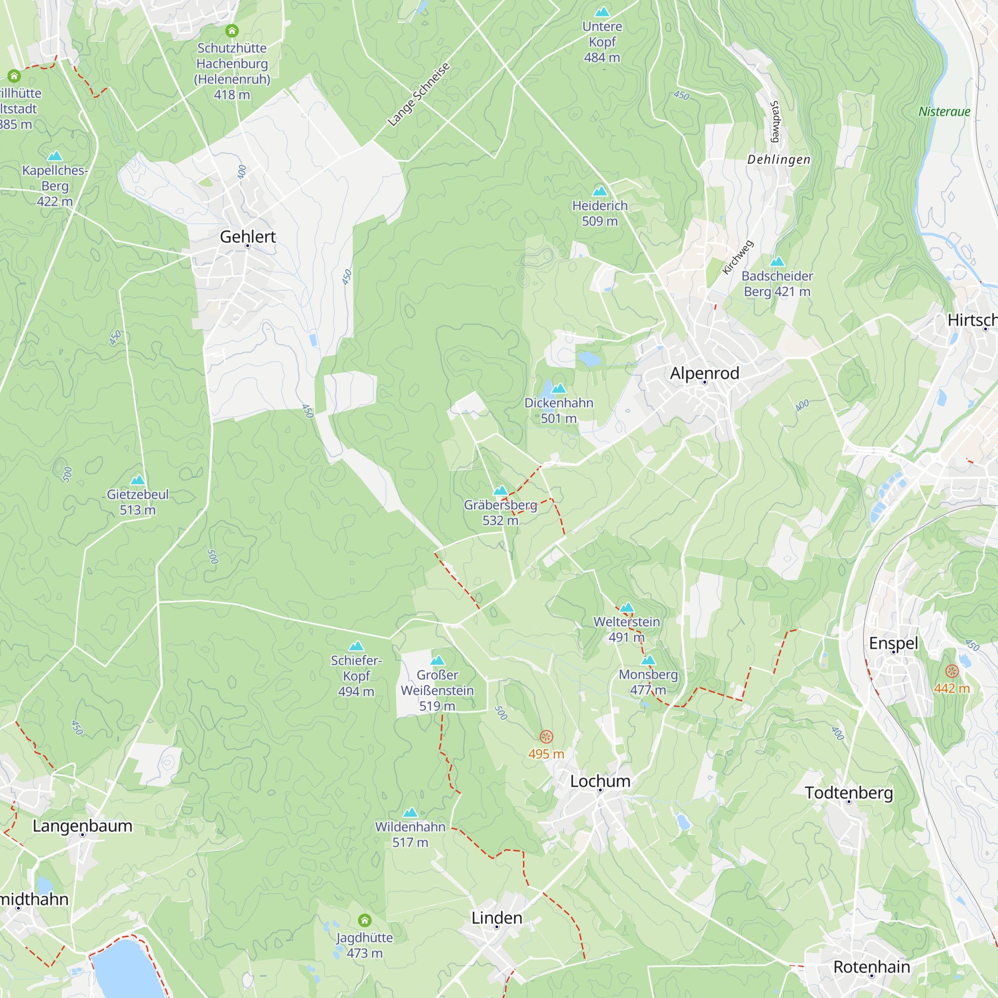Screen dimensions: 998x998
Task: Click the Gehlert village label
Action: click(248, 237)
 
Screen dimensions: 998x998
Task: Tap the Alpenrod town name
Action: click(705, 373)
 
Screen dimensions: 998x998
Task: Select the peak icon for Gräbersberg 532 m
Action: click(500, 491)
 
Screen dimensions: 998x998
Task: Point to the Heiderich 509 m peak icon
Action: click(600, 192)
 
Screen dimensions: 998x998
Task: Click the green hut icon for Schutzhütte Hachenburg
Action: click(232, 31)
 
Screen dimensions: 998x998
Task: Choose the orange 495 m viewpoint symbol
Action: click(546, 737)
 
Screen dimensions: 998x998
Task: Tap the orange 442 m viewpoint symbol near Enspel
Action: click(952, 672)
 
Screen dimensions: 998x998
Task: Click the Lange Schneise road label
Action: click(419, 94)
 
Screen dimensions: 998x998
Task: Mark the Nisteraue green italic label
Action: click(944, 112)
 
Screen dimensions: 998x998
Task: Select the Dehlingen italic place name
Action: click(779, 160)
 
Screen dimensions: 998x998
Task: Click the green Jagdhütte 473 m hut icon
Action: click(365, 920)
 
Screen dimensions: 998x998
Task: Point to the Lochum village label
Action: click(600, 781)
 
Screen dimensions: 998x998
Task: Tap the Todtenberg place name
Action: click(849, 793)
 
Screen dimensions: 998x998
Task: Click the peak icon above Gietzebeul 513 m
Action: click(137, 481)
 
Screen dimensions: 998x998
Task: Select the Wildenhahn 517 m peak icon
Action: click(410, 813)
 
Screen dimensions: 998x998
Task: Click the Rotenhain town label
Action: click(871, 967)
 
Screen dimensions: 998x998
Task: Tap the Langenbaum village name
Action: click(83, 826)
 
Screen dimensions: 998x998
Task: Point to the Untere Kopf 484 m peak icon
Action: click(602, 12)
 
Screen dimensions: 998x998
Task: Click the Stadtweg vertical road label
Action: click(775, 121)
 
